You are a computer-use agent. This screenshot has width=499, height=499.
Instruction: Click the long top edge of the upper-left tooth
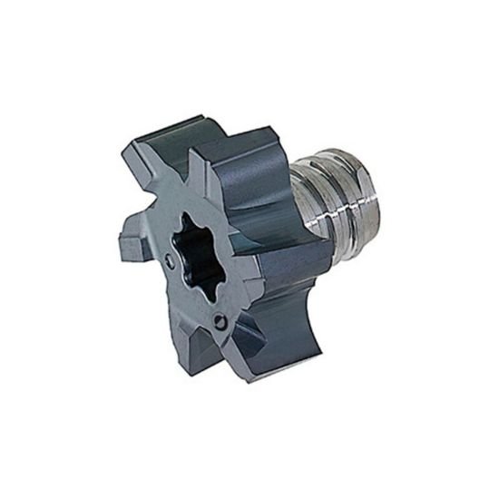pyautogui.click(x=172, y=127)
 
